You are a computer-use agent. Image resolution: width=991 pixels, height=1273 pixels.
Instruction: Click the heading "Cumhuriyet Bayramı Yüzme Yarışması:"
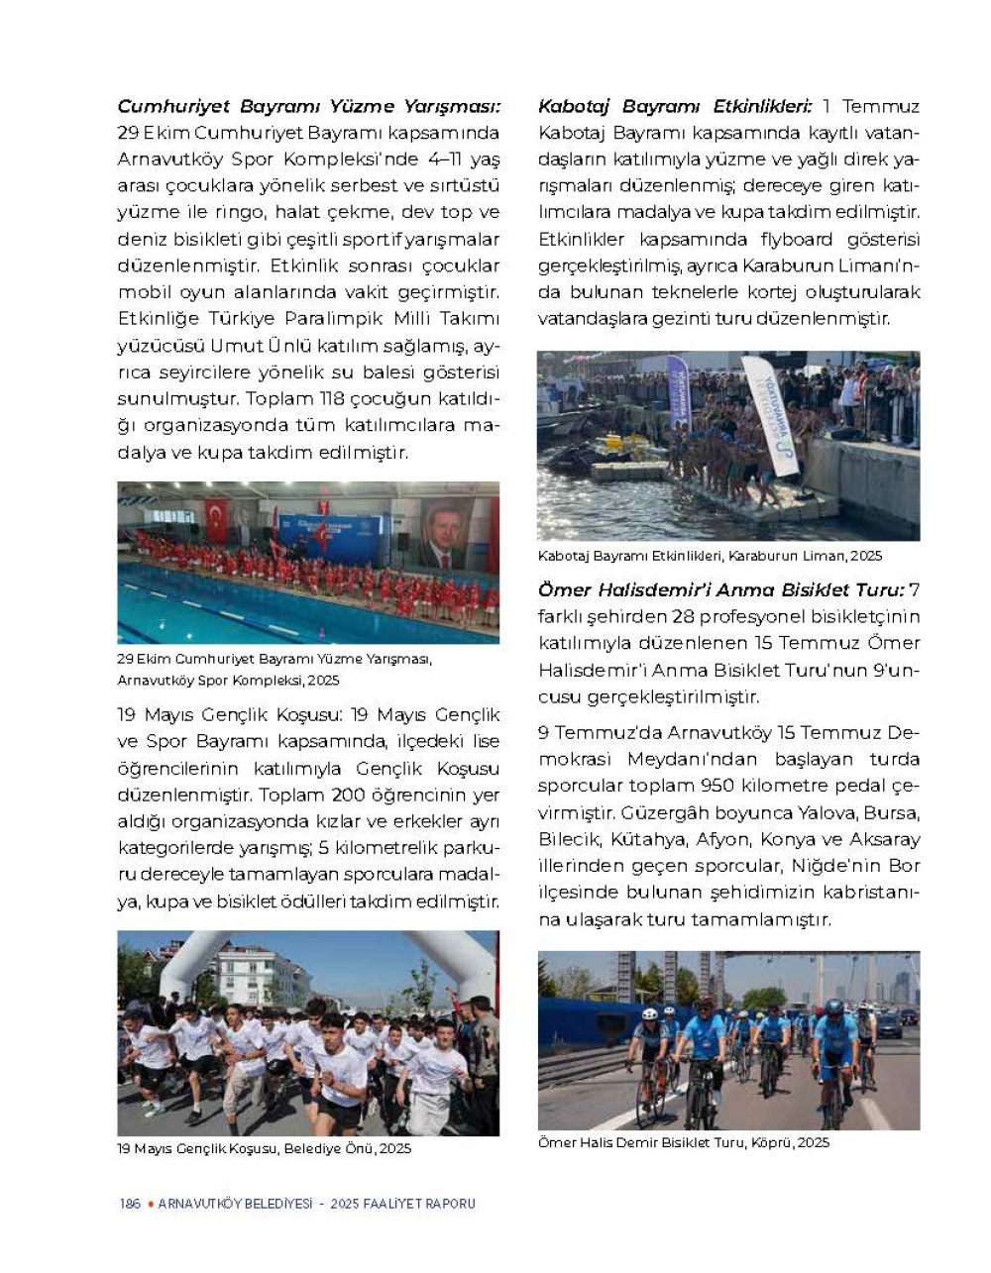pos(309,107)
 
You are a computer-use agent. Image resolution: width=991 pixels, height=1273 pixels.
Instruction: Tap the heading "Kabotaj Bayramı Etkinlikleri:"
pos(675,107)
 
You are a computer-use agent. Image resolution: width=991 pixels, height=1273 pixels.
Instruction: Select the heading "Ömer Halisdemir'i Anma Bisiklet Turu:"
pos(721,590)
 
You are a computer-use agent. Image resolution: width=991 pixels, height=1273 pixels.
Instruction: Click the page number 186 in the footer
pos(129,1204)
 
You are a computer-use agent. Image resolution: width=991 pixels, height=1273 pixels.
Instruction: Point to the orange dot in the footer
pos(150,1204)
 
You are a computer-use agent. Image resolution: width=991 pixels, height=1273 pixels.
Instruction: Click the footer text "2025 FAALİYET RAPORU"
pos(403,1204)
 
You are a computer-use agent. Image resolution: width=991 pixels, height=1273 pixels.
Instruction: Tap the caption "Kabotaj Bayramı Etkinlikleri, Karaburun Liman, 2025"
pos(710,556)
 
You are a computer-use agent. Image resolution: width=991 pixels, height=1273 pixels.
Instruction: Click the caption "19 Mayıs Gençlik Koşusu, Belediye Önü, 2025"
pos(265,1149)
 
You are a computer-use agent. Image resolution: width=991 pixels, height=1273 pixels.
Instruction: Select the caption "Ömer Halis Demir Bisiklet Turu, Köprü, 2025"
pos(684,1142)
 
